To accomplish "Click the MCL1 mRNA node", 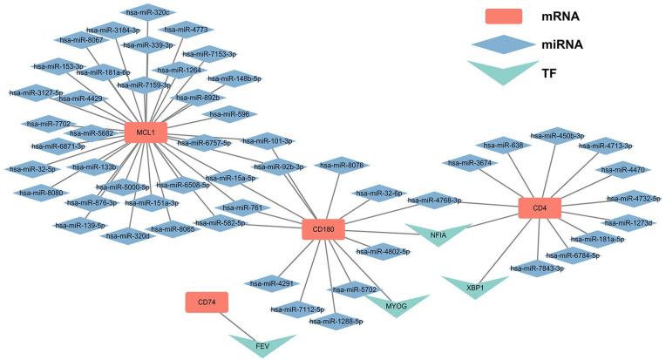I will point(146,132).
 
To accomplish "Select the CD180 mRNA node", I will point(323,230).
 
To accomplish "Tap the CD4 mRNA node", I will point(539,207).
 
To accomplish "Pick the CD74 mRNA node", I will point(207,302).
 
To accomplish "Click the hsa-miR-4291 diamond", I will point(268,282).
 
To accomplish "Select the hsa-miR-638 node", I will point(505,145).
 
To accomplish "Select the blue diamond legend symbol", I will point(500,44).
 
